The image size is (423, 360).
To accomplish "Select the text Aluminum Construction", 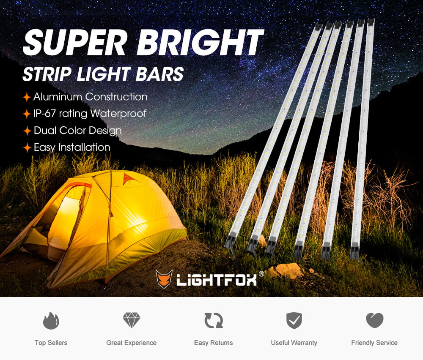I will (90, 97).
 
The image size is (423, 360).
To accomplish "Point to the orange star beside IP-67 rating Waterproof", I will (27, 114).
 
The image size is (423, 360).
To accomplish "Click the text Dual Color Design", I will (77, 131).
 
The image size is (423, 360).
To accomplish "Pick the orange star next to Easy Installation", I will (27, 148).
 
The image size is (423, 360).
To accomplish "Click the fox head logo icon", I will (164, 279).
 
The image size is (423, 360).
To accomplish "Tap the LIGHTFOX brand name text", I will (216, 280).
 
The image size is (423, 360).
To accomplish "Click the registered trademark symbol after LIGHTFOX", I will (261, 274).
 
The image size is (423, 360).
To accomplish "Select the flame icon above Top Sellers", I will (51, 321).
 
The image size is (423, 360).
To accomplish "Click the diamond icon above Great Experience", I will (131, 320).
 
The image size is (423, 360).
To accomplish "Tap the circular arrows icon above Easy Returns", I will (213, 321).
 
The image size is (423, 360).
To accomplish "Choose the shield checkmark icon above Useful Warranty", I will (294, 321).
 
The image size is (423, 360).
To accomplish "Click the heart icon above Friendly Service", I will (374, 320).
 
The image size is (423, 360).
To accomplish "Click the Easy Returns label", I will (213, 343).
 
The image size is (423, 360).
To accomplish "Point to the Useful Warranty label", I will (294, 343).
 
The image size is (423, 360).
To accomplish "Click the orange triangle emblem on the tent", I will (131, 179).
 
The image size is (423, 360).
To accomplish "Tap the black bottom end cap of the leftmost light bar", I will (230, 244).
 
